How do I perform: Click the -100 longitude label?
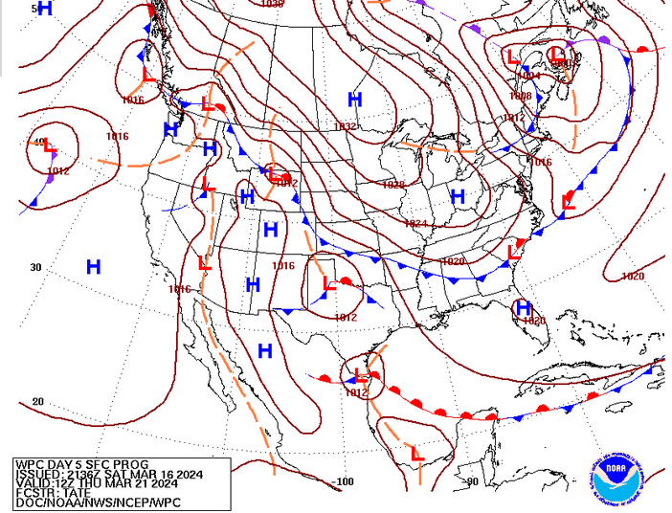coord(342,481)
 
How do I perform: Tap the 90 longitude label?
coord(472,481)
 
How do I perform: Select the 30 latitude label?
coord(35,267)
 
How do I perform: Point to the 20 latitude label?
coord(37,401)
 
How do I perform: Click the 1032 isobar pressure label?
coord(345,126)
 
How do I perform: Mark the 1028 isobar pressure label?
coord(393,185)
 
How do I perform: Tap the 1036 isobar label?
coord(272,4)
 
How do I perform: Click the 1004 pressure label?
coord(529,76)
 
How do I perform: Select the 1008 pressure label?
coord(520,96)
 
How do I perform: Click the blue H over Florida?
coord(523,307)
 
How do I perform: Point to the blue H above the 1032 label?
coord(355,100)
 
